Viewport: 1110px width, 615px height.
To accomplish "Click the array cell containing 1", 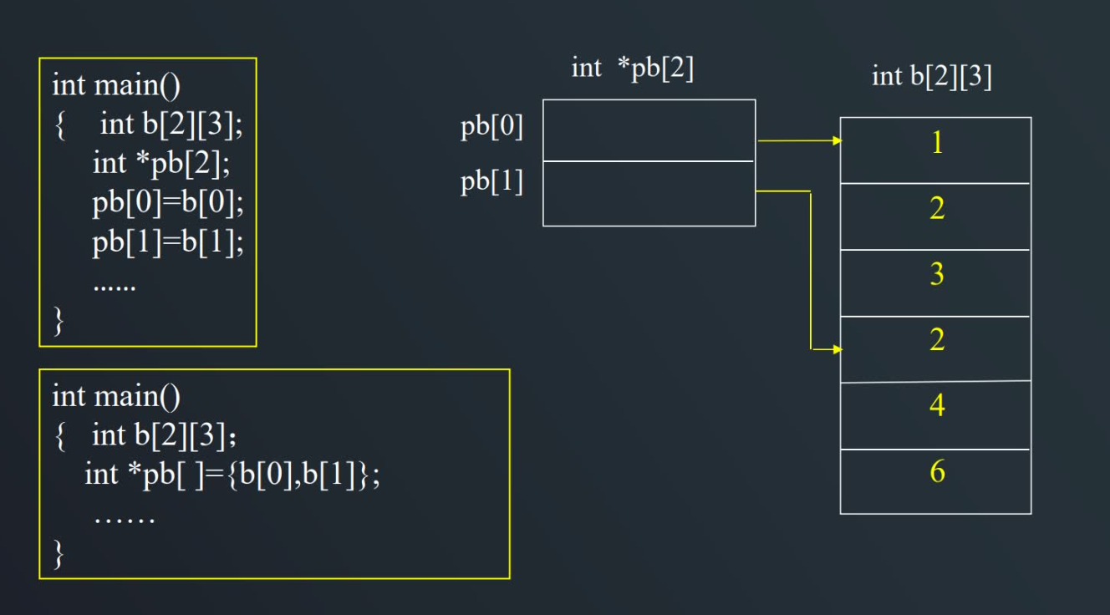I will pyautogui.click(x=935, y=150).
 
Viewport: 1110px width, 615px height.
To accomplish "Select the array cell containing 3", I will pyautogui.click(x=935, y=282).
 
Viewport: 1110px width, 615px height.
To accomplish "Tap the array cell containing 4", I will pyautogui.click(x=935, y=415).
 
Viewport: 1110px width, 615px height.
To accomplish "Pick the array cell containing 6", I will pyautogui.click(x=935, y=481).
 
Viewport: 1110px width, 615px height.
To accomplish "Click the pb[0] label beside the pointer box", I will pyautogui.click(x=491, y=127).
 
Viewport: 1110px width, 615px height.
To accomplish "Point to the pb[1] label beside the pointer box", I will pyautogui.click(x=491, y=181).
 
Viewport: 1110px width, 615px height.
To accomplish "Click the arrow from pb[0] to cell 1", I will pyautogui.click(x=799, y=141).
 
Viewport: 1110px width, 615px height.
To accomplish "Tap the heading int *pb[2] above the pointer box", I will pyautogui.click(x=633, y=69).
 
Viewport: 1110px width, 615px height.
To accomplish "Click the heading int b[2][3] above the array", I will pyautogui.click(x=931, y=77).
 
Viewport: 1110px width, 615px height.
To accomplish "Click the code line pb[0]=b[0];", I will pyautogui.click(x=167, y=204).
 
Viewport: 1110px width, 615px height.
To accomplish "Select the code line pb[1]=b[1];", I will pyautogui.click(x=167, y=243).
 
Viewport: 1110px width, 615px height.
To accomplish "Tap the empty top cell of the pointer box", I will pyautogui.click(x=649, y=130).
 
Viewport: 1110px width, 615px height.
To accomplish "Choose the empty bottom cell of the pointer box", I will pyautogui.click(x=649, y=193).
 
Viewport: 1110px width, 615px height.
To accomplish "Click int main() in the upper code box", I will pyautogui.click(x=116, y=85).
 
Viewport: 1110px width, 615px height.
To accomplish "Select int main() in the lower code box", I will pyautogui.click(x=116, y=396).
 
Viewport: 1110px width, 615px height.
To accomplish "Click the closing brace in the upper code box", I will pyautogui.click(x=59, y=321).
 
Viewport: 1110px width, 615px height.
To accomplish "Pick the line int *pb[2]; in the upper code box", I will pyautogui.click(x=160, y=164).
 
